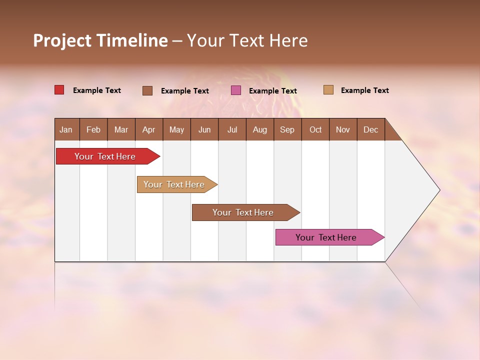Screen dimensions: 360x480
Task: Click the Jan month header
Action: pos(66,129)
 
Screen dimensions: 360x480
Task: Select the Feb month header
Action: pos(93,129)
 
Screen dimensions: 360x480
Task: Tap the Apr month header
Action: pos(148,129)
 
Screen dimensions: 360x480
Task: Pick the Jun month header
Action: pos(204,129)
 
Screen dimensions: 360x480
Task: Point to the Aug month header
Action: pos(259,129)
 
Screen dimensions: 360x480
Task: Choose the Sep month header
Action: pos(287,129)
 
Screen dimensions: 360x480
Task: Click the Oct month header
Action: pos(315,129)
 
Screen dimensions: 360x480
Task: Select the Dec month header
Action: pos(370,129)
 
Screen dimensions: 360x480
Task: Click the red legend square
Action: pos(59,90)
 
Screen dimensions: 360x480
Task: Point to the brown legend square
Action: pos(147,90)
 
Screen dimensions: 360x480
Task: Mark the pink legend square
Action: pos(236,90)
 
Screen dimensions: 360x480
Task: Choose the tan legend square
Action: pos(328,90)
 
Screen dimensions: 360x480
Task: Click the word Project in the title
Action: pos(62,40)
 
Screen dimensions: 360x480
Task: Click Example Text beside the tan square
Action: pos(364,90)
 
